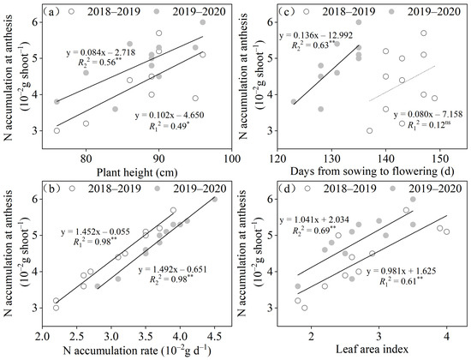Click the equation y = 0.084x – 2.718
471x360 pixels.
(x=101, y=52)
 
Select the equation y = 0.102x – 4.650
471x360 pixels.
(x=170, y=115)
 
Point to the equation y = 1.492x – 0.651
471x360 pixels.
(x=172, y=269)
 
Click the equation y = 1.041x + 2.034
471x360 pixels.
(x=314, y=220)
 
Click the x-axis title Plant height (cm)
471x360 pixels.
(x=137, y=172)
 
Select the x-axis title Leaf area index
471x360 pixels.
(x=372, y=350)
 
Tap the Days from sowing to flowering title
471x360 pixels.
(x=373, y=171)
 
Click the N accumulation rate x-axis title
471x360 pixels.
(x=137, y=351)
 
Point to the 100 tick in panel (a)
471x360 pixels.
(x=231, y=159)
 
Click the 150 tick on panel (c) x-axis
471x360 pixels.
(x=440, y=159)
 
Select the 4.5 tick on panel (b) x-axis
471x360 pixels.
(x=214, y=335)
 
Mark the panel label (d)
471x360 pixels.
(x=286, y=189)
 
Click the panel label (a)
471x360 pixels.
(x=50, y=12)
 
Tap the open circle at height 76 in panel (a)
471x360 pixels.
(x=57, y=130)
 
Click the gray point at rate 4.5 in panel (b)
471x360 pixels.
(x=214, y=199)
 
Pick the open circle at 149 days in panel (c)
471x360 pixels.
(x=434, y=98)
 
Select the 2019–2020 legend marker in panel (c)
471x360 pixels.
(x=391, y=11)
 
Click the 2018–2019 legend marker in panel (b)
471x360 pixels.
(x=72, y=189)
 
